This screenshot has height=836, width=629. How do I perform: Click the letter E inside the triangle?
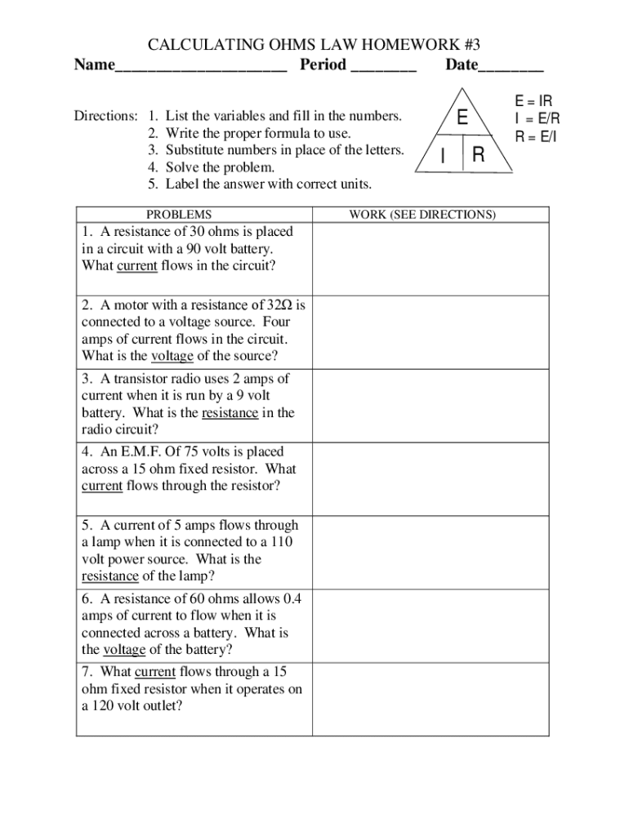[x=462, y=118]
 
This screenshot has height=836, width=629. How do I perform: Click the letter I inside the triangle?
[x=442, y=156]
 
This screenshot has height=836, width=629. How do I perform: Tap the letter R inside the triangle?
[x=479, y=155]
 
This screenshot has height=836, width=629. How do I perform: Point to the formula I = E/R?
[x=536, y=118]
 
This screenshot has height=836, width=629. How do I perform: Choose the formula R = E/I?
[x=535, y=136]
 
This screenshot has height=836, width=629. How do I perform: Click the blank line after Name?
[x=201, y=66]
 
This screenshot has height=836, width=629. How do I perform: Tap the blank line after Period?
[x=383, y=66]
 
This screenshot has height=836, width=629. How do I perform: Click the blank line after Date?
[x=511, y=66]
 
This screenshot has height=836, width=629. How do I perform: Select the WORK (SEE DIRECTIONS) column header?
[x=422, y=215]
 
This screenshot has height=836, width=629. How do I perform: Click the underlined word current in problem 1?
[x=137, y=266]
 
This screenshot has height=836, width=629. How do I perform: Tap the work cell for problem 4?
[x=431, y=479]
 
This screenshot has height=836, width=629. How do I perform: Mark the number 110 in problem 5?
[x=282, y=542]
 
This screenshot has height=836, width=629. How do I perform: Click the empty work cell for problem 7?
[x=431, y=699]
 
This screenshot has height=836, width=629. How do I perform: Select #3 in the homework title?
[x=480, y=43]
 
